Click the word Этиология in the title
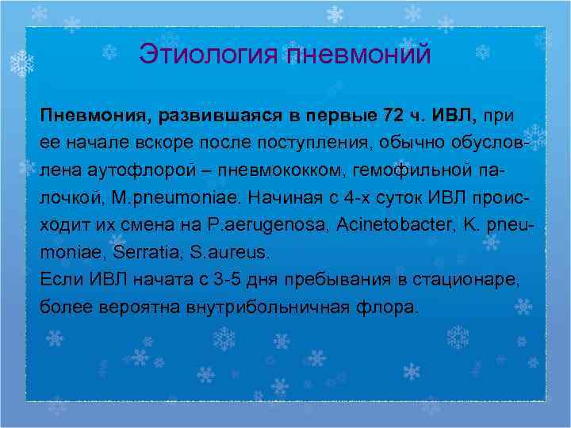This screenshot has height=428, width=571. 209,55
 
